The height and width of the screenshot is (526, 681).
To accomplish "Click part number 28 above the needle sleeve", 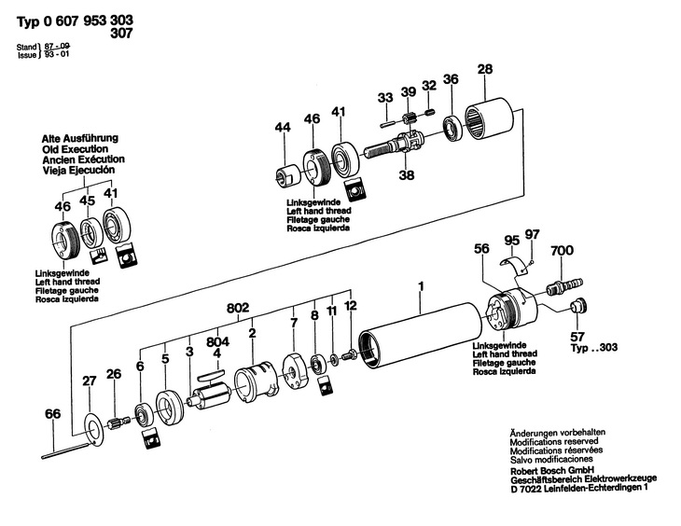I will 484,69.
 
